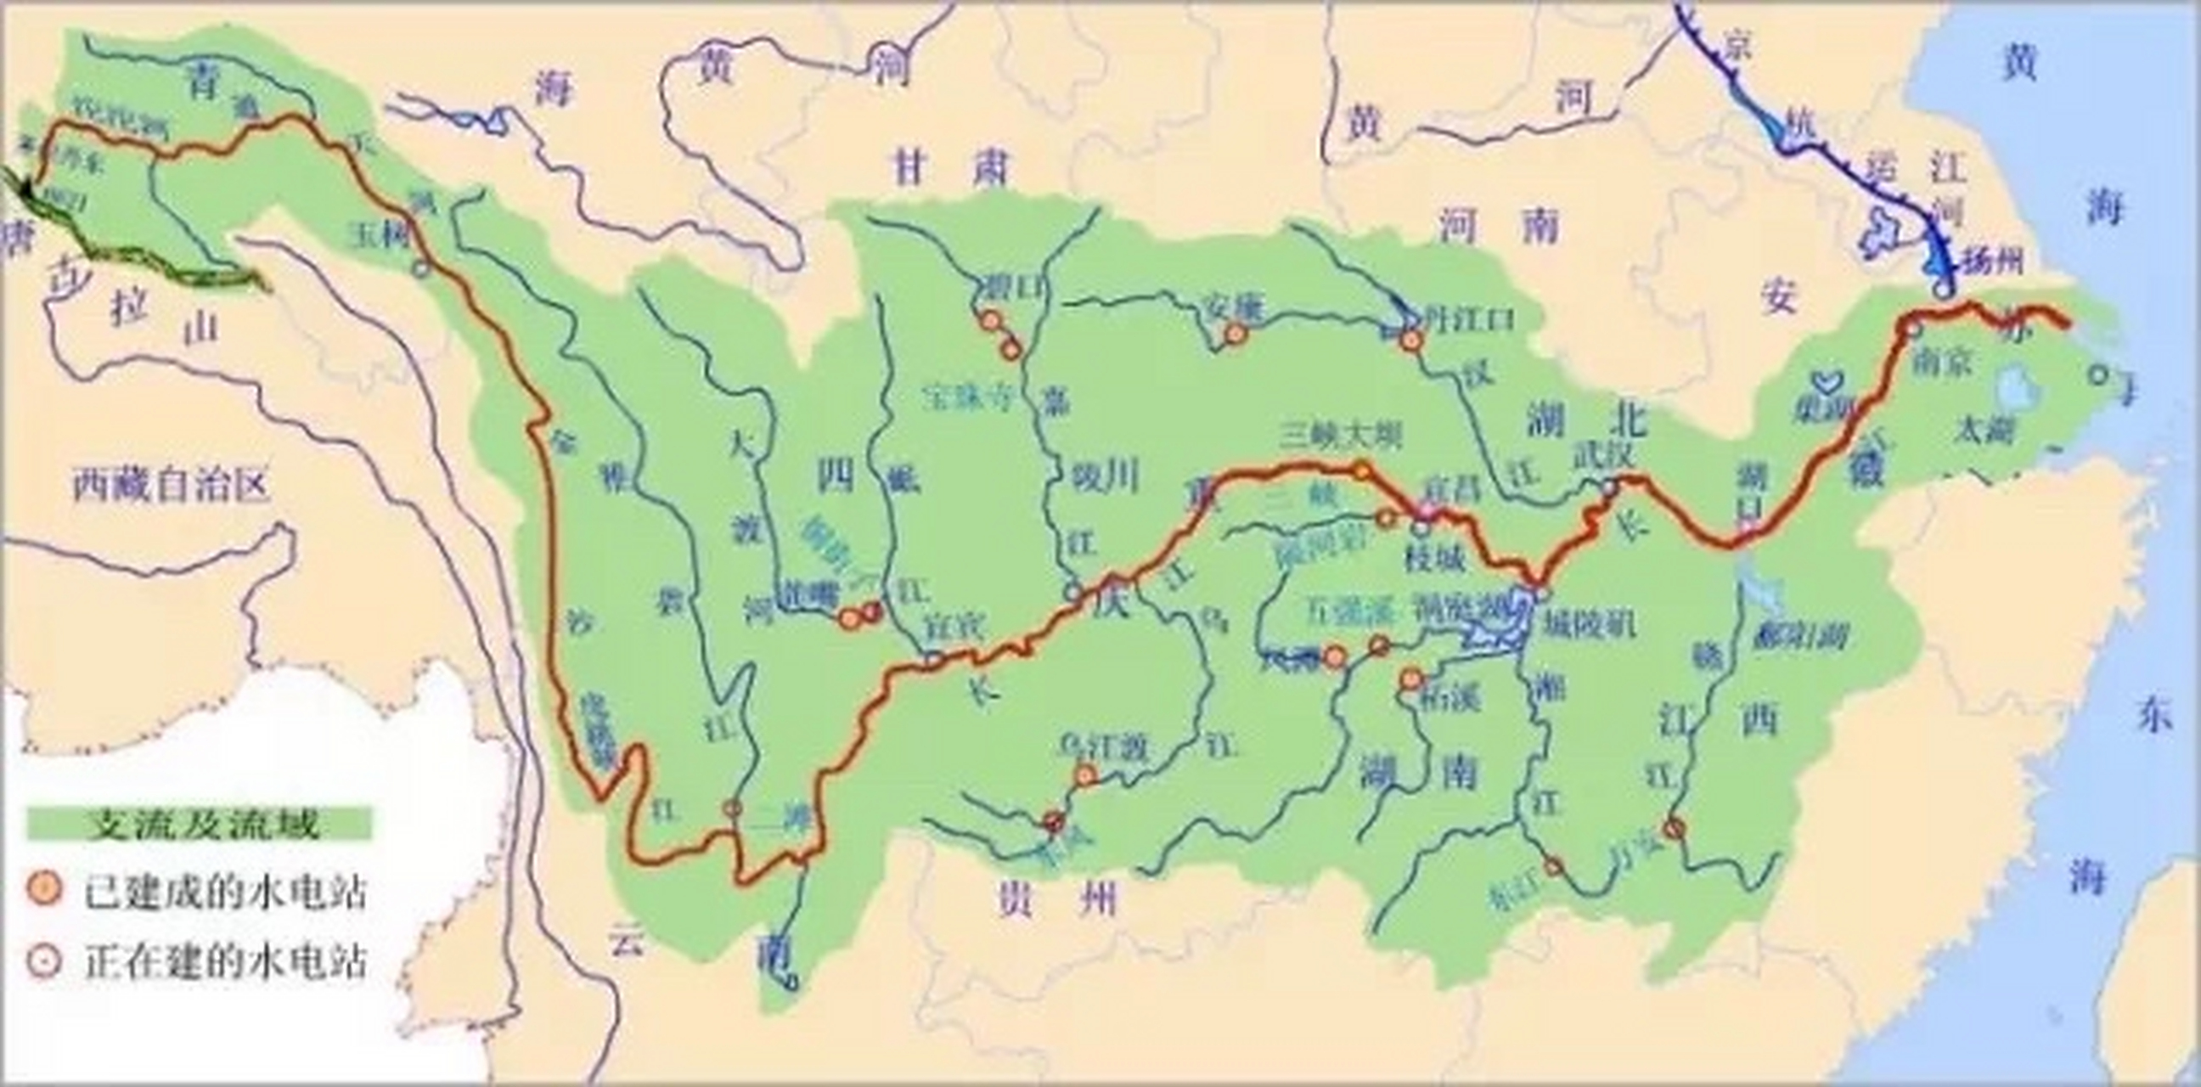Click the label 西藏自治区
coord(170,486)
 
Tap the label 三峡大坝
coord(1341,436)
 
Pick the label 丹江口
coord(1466,318)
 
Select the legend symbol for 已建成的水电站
coord(43,890)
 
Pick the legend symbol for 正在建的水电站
coord(43,961)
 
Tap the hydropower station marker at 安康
coord(1235,334)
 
